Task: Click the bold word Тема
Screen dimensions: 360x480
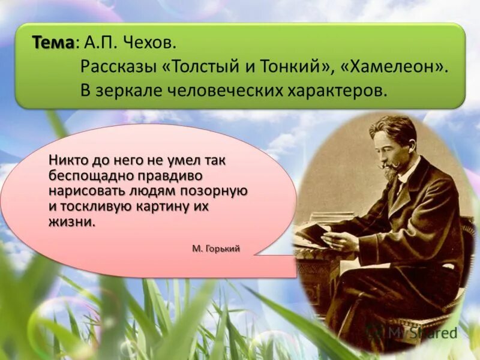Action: coord(53,43)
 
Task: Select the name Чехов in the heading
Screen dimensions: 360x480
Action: coord(153,43)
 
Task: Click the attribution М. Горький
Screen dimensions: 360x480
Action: coord(217,248)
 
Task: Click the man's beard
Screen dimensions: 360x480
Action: coord(391,173)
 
